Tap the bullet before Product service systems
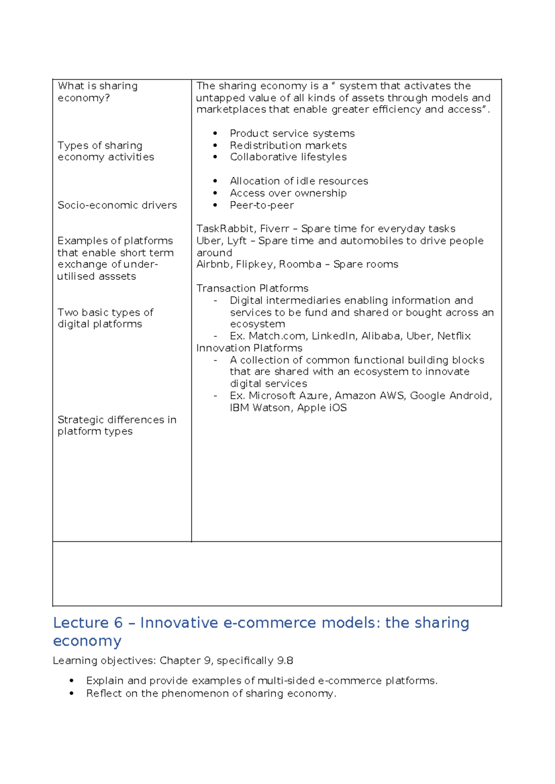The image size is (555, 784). (x=215, y=134)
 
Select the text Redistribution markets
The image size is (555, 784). (x=288, y=146)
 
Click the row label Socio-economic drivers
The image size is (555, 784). (x=117, y=205)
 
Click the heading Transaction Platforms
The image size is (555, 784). (x=252, y=288)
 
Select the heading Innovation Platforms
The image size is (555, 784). (x=249, y=348)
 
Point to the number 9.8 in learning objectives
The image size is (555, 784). (x=285, y=661)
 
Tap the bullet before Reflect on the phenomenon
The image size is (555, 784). (x=71, y=694)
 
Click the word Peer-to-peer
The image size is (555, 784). (x=261, y=205)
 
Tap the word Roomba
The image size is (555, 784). (x=300, y=264)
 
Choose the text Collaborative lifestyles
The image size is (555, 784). (x=288, y=157)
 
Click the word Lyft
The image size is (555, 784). (x=236, y=241)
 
